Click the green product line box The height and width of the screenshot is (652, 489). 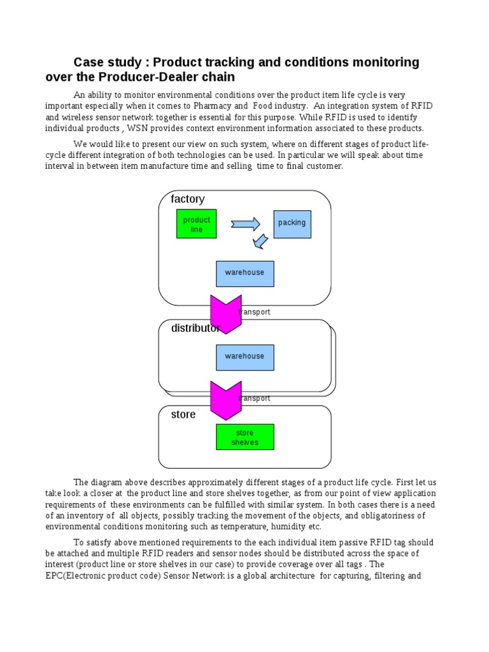196,223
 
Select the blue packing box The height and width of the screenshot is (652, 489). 292,224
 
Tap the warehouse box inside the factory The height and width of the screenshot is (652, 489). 245,274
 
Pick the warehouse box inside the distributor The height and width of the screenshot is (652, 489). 245,358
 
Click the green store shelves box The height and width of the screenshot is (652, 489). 245,437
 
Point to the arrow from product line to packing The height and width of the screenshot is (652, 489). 245,224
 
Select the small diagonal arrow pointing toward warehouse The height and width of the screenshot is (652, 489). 260,241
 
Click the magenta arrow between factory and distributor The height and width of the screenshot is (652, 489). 226,315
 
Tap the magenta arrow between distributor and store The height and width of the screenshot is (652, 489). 226,400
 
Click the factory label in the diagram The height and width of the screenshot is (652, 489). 188,199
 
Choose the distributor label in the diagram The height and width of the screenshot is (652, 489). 195,328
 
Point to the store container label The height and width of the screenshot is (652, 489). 183,415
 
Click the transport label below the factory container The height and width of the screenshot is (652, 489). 255,312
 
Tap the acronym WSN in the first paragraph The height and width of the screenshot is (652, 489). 138,128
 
